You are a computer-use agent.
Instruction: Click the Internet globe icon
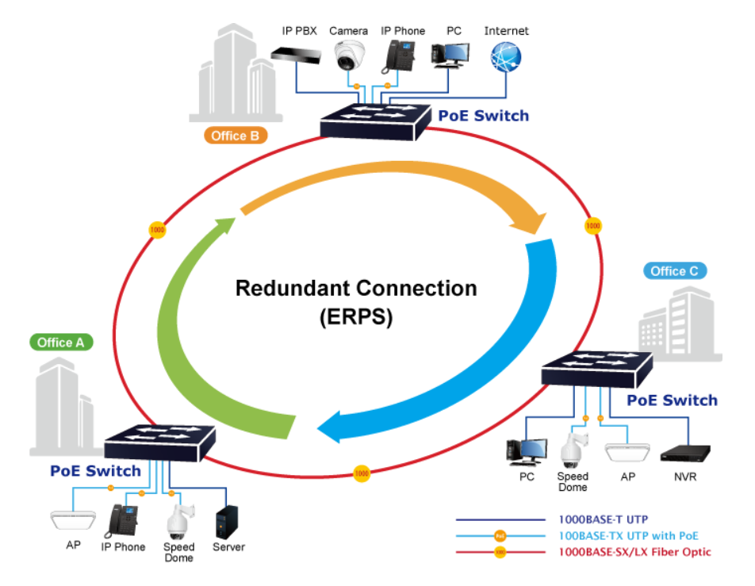coord(506,58)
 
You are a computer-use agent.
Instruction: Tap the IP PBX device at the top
coord(295,54)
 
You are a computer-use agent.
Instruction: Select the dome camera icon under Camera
coord(348,55)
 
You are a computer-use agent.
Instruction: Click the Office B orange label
coord(235,136)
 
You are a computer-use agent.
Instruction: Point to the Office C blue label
coord(674,271)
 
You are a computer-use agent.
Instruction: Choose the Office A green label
coord(61,343)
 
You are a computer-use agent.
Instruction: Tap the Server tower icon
coord(228,521)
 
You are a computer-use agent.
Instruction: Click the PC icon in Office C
coord(526,451)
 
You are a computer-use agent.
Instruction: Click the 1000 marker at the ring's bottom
coord(362,473)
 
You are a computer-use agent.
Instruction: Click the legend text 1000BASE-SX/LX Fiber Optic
coord(635,552)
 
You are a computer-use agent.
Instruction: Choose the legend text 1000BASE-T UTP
coord(604,520)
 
